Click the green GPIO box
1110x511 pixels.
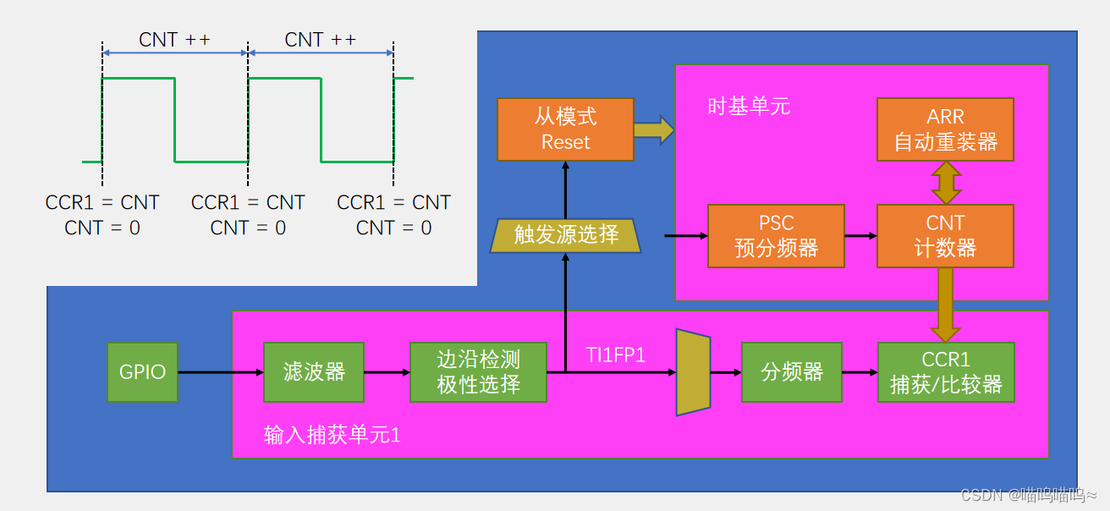142,371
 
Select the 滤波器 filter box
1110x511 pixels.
314,371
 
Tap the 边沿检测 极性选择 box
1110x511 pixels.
478,371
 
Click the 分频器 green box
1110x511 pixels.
791,371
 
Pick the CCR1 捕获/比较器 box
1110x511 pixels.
946,371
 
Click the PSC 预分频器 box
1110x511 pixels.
776,236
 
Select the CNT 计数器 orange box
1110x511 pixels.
945,236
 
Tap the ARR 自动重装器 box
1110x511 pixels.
945,129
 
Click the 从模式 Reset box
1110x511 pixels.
565,129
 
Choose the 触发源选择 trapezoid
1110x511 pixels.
566,234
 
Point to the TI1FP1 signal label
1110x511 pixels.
616,355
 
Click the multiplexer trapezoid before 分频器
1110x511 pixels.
693,372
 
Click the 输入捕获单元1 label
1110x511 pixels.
332,435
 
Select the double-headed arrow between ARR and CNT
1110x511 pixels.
946,183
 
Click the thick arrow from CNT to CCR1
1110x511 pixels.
946,305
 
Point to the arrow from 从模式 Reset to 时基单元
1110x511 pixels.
653,130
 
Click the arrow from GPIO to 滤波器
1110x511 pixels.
220,371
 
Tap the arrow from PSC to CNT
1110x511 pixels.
860,236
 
